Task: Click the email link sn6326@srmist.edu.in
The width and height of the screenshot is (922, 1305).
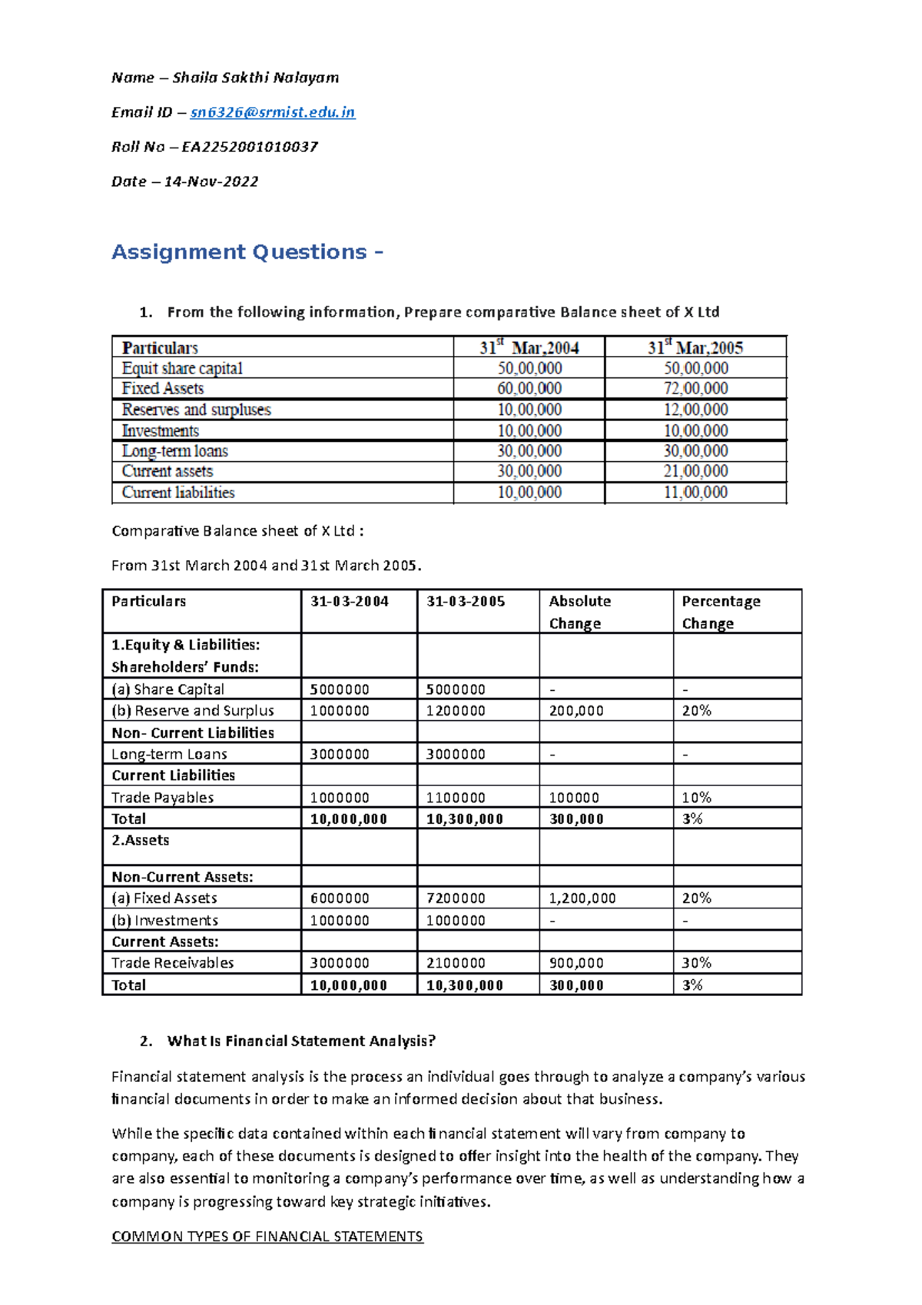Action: (x=272, y=112)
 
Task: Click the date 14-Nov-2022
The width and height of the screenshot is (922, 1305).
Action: (x=211, y=181)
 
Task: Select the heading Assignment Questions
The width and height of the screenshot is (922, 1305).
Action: (x=247, y=252)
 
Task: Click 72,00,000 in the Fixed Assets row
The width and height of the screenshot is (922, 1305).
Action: (x=695, y=389)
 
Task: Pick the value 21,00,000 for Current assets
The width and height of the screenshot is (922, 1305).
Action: (x=695, y=471)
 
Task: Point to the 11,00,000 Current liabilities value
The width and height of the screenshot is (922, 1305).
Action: (x=695, y=493)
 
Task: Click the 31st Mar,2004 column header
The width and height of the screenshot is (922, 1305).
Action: (x=529, y=347)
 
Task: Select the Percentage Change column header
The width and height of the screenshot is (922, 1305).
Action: (x=721, y=612)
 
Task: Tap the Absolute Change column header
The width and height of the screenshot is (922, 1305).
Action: (x=579, y=612)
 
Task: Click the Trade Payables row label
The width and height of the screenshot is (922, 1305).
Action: (x=162, y=797)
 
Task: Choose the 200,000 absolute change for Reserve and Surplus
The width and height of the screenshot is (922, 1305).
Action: (x=576, y=711)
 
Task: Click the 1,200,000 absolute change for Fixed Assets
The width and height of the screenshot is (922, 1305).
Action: (x=582, y=898)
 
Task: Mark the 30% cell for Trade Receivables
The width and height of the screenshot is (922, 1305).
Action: (x=696, y=962)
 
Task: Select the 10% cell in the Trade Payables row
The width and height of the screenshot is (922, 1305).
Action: (x=696, y=797)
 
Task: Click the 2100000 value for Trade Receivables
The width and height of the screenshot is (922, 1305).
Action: (x=456, y=962)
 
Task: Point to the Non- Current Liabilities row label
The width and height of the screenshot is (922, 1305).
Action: (x=193, y=732)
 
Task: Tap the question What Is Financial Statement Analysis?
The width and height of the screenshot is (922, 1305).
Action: (x=301, y=1041)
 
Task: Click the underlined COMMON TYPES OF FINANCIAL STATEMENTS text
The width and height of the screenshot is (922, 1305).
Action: (x=267, y=1236)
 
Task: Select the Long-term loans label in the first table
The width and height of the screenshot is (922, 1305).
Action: (x=175, y=451)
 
